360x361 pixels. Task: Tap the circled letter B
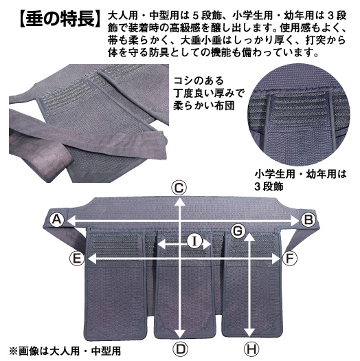(308, 219)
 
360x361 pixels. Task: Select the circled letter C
(179, 188)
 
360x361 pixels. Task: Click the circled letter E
(76, 259)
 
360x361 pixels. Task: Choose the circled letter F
(289, 259)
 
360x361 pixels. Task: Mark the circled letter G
(238, 231)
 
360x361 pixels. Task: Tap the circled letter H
(251, 349)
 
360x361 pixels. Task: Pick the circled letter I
(194, 242)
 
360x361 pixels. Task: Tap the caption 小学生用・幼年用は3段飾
(300, 180)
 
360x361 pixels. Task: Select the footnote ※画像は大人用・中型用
(65, 351)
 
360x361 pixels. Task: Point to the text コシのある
(199, 81)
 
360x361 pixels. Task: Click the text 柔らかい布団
(204, 106)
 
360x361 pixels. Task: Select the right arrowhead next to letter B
(294, 221)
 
